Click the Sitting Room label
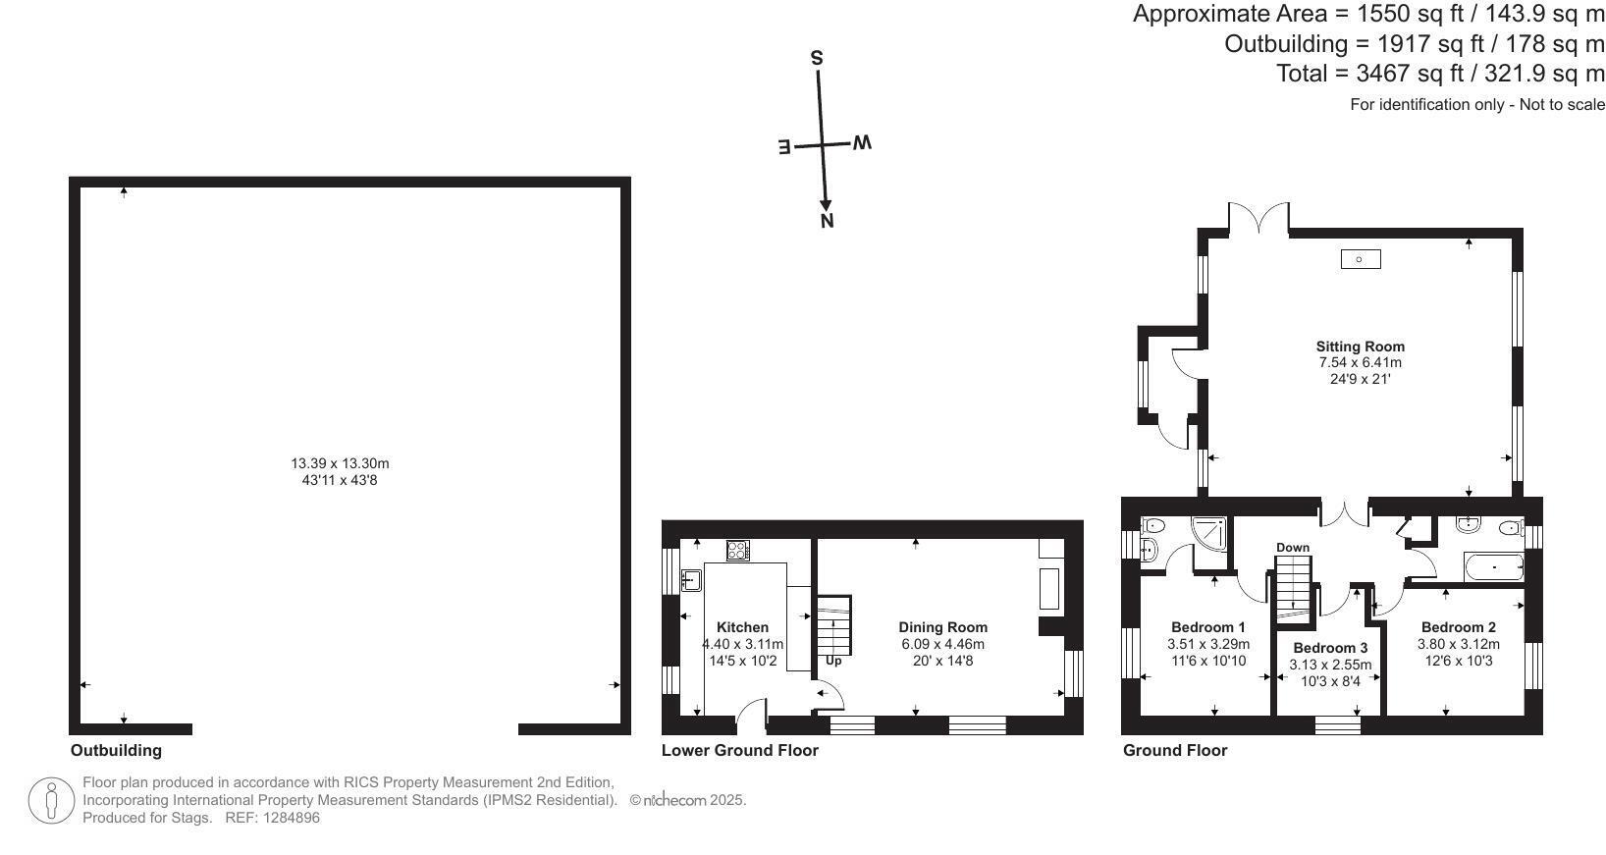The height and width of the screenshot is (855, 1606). click(x=1360, y=347)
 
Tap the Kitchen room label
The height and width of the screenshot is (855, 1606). click(x=742, y=627)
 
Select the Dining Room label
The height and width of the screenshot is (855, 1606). click(x=942, y=627)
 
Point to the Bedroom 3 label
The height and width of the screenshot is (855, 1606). click(x=1330, y=648)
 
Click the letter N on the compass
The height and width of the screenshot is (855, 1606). click(x=828, y=222)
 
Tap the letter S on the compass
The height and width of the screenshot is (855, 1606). click(x=817, y=58)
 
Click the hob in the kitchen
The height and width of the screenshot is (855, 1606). click(x=738, y=551)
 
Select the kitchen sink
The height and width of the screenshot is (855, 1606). click(x=691, y=580)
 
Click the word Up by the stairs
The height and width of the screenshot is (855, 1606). click(x=833, y=661)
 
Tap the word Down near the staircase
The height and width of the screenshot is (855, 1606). click(x=1293, y=548)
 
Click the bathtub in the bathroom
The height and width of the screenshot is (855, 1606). click(x=1494, y=567)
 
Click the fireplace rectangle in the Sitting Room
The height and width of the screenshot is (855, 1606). click(x=1360, y=259)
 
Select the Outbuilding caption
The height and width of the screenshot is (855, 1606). click(x=116, y=750)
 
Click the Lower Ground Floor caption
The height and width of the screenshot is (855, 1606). click(x=740, y=750)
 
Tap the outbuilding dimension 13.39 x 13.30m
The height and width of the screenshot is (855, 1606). click(x=340, y=463)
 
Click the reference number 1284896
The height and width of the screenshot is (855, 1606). click(x=292, y=818)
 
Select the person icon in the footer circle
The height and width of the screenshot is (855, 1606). click(x=51, y=801)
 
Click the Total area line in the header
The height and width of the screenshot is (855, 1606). click(x=1440, y=73)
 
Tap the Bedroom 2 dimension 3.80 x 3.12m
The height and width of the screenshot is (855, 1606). click(x=1459, y=644)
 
